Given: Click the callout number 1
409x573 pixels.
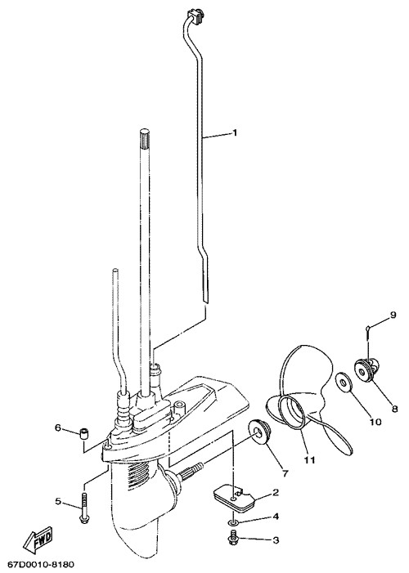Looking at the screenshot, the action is click(235, 132).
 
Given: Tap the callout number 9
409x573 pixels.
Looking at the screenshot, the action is click(393, 315).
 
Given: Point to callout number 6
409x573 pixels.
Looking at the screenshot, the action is click(58, 428).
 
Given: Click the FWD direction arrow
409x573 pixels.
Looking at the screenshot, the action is click(38, 539).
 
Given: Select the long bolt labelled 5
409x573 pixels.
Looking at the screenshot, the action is click(84, 508).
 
